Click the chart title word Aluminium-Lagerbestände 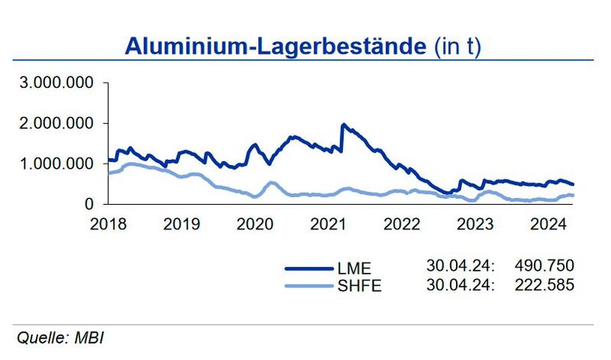click(x=275, y=45)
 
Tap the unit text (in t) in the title click(x=459, y=46)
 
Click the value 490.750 click(x=544, y=266)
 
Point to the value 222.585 click(x=544, y=284)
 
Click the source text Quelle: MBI click(x=60, y=337)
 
